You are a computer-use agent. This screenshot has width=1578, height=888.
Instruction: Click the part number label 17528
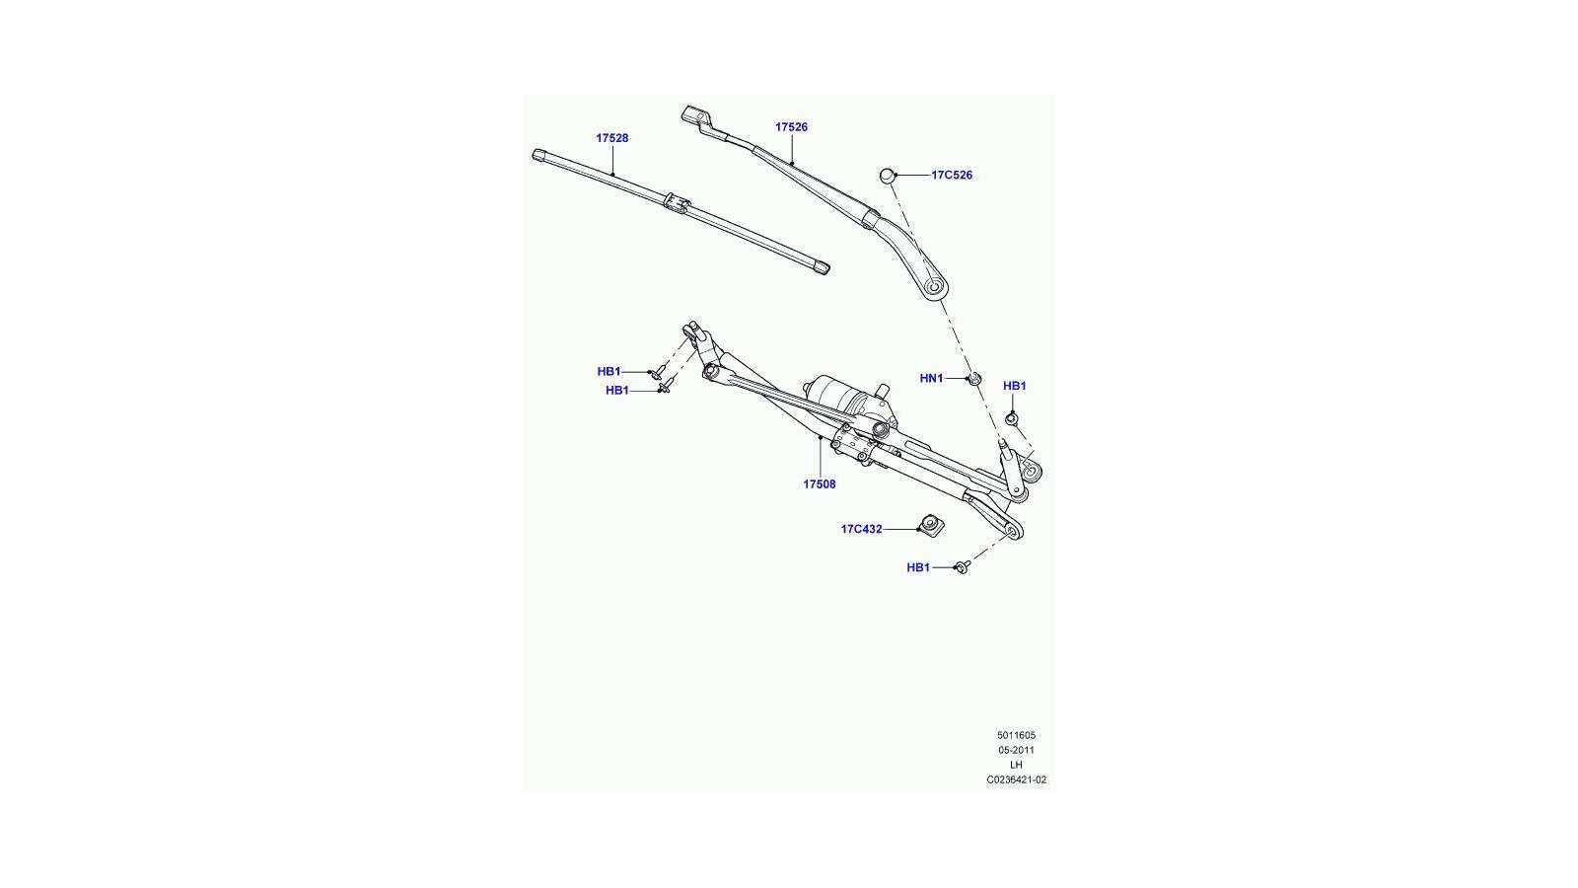612,138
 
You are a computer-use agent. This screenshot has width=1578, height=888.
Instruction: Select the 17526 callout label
791,127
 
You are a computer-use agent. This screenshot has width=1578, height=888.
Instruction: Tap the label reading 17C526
952,175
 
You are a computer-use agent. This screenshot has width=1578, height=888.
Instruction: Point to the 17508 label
820,484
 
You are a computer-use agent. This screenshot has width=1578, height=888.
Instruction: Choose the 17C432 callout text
862,529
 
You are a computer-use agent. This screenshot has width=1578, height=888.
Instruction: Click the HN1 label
931,379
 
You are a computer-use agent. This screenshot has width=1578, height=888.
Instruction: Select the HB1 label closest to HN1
1015,386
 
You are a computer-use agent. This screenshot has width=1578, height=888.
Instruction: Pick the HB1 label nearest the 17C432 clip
918,567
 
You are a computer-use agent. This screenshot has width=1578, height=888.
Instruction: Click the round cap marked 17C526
888,175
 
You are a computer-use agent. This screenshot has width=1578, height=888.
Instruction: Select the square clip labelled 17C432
930,525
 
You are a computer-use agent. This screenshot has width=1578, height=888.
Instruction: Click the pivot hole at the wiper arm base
934,287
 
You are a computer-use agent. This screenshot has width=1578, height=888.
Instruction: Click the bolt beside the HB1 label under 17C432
963,566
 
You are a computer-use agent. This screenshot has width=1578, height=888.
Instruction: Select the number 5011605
1016,735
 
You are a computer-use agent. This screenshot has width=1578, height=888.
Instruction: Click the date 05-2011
1016,750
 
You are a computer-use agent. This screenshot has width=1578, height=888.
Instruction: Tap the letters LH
1016,765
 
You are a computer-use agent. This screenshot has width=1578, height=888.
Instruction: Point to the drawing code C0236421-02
1016,779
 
